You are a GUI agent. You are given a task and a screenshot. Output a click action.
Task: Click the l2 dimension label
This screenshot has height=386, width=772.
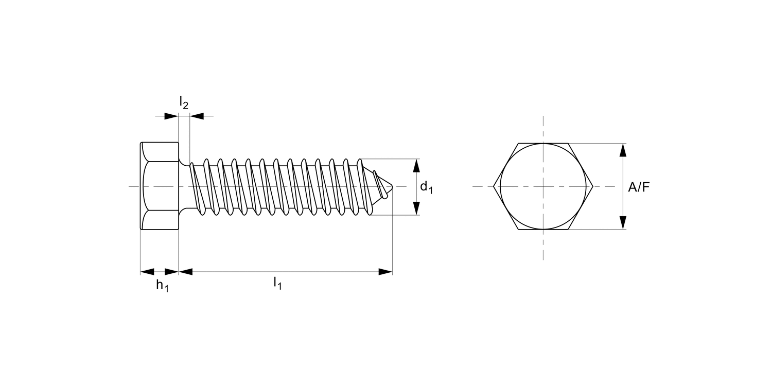(184, 103)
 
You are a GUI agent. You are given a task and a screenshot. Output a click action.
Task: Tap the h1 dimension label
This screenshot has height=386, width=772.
(162, 286)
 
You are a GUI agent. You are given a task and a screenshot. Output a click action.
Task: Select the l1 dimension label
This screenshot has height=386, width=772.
(277, 283)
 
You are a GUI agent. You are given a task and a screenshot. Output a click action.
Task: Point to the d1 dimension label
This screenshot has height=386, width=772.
(426, 188)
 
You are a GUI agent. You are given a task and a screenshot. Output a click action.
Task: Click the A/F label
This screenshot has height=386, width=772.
(639, 187)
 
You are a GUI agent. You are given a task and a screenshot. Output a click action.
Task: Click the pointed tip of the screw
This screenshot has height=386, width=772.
(393, 186)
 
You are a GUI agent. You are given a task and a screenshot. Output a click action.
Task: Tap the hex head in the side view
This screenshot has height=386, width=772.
(160, 186)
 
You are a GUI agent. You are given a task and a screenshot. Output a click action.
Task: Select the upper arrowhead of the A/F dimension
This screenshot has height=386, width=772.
(623, 150)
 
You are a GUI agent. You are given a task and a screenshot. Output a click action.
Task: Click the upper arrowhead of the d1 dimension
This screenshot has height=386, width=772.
(416, 166)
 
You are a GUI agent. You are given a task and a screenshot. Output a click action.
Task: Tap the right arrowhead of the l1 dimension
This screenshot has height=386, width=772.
(385, 272)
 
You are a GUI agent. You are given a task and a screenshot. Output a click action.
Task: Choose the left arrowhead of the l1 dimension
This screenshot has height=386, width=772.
(185, 272)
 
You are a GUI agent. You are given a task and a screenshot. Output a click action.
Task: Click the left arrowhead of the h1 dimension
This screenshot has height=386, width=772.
(147, 272)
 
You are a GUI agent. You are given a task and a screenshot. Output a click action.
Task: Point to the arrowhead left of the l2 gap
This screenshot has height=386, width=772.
(171, 116)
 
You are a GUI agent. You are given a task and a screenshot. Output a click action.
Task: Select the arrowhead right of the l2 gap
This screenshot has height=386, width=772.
(197, 116)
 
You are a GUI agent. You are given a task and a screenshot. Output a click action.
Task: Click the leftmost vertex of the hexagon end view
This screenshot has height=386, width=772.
(494, 186)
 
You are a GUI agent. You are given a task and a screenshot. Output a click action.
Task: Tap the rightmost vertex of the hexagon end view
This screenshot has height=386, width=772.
(593, 186)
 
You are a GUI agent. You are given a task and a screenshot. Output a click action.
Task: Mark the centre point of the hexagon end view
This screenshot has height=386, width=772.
(543, 186)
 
